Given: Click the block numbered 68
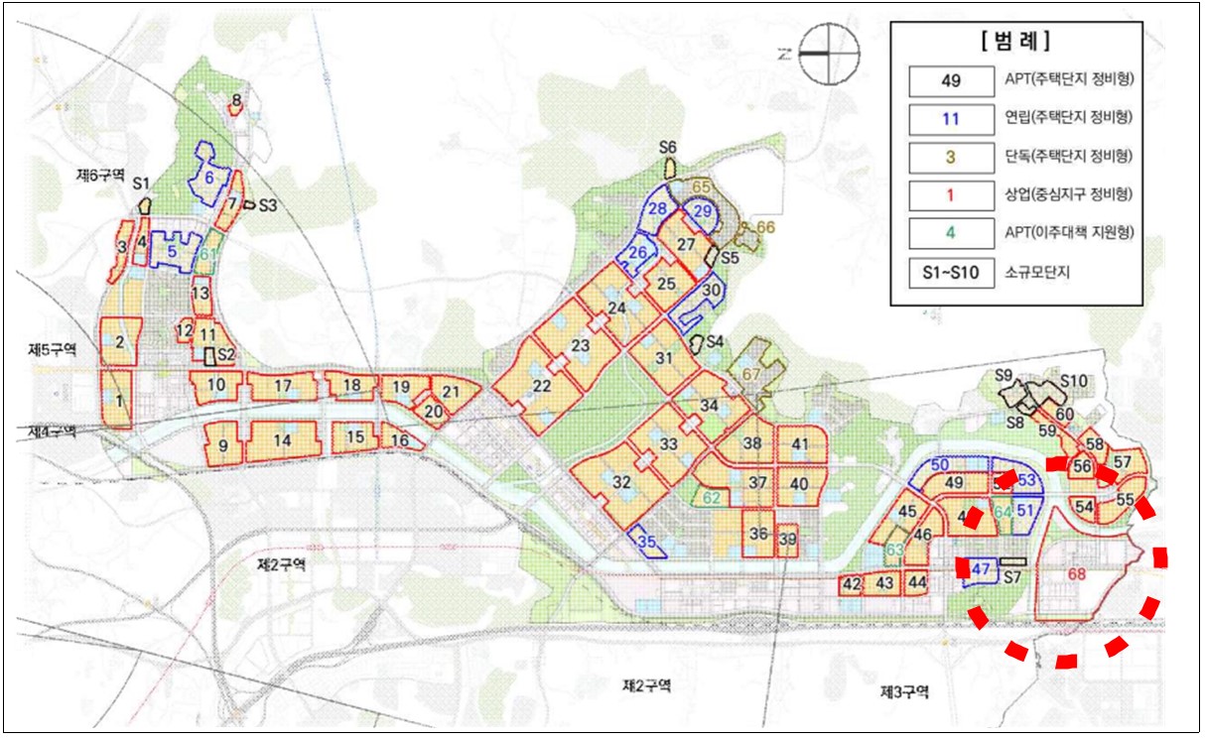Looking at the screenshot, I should (x=1077, y=574).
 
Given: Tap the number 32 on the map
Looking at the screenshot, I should (x=622, y=483).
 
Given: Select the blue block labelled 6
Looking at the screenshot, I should (x=210, y=176).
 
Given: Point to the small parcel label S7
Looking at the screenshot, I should (x=1012, y=576).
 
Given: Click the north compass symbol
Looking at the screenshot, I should (x=827, y=54).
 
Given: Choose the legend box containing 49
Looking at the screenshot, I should (x=951, y=80).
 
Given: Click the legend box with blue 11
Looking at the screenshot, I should (x=951, y=118).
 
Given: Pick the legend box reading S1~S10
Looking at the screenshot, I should (x=951, y=271).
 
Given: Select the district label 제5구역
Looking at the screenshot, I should (x=53, y=349).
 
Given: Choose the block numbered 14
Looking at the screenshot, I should (x=283, y=439).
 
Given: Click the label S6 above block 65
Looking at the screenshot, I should (x=667, y=148).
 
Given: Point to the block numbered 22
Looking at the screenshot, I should (x=542, y=386).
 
